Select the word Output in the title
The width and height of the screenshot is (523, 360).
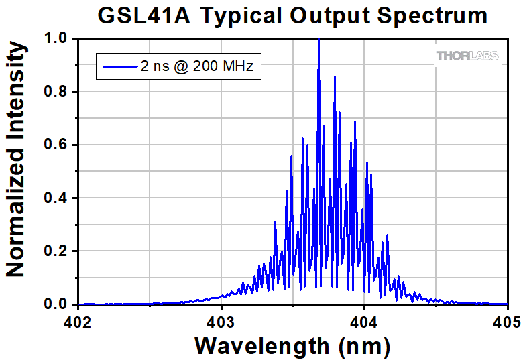coord(327,15)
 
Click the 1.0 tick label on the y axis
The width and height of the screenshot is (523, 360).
coord(56,39)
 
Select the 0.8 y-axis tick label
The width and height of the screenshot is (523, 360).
coord(56,92)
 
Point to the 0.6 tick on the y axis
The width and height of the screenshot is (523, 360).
coord(56,145)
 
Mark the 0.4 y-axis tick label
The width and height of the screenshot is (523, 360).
coord(56,198)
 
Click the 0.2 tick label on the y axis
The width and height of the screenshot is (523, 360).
coord(56,251)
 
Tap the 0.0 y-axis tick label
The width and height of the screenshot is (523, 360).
coord(56,304)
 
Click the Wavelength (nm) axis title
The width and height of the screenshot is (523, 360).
coord(292,346)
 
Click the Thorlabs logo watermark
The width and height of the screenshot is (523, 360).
coord(467,56)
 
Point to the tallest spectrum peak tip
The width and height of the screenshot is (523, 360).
coord(318,40)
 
